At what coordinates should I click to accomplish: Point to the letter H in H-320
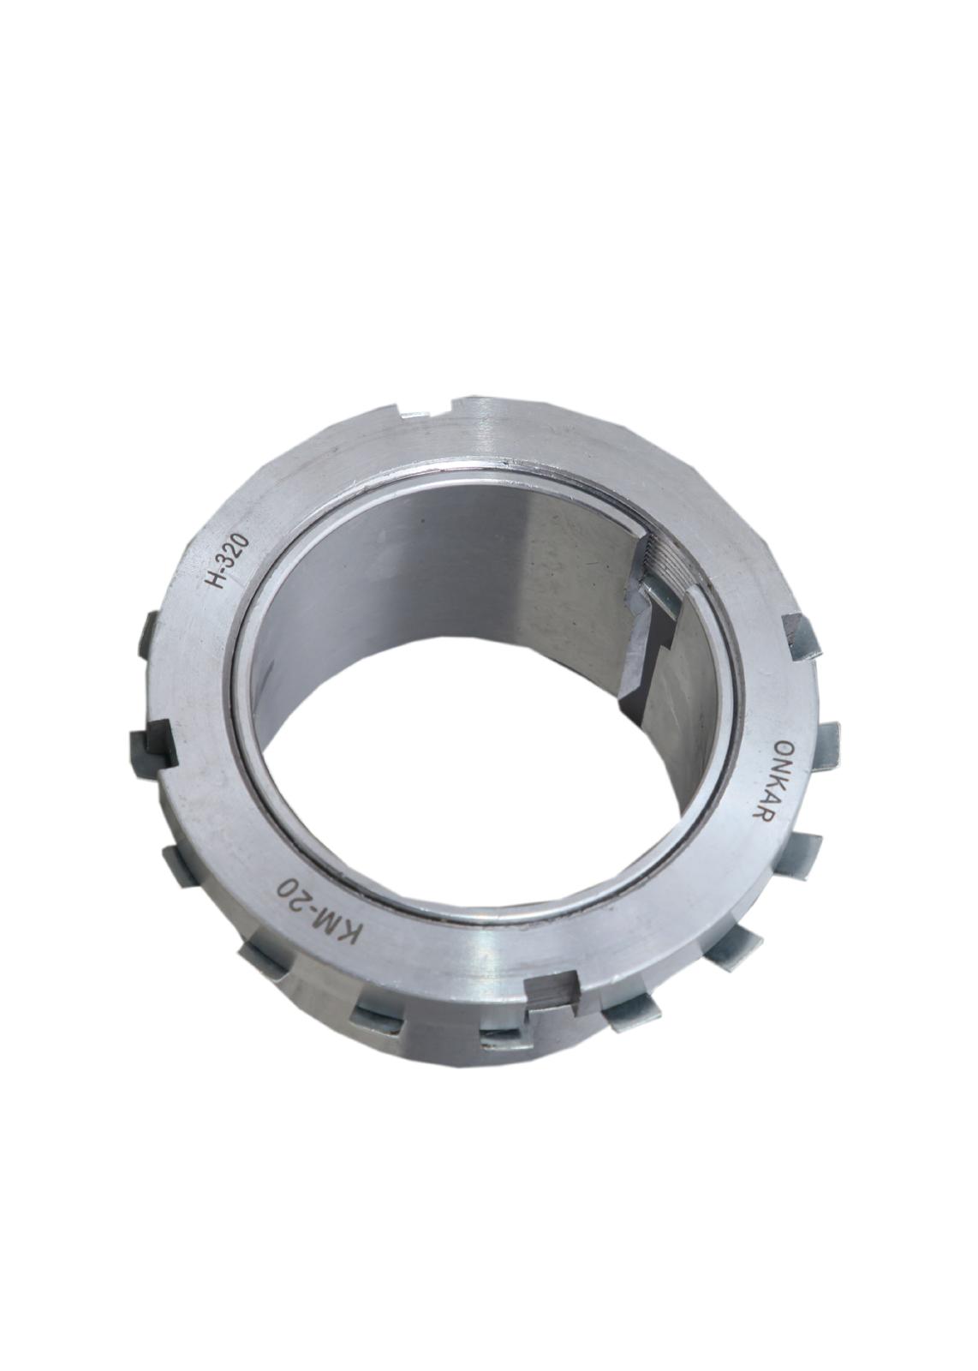[x=217, y=581]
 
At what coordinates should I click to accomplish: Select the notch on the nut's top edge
[x=428, y=411]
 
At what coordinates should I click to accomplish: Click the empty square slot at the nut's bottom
[x=548, y=994]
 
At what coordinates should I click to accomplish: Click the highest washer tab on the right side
[x=800, y=635]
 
